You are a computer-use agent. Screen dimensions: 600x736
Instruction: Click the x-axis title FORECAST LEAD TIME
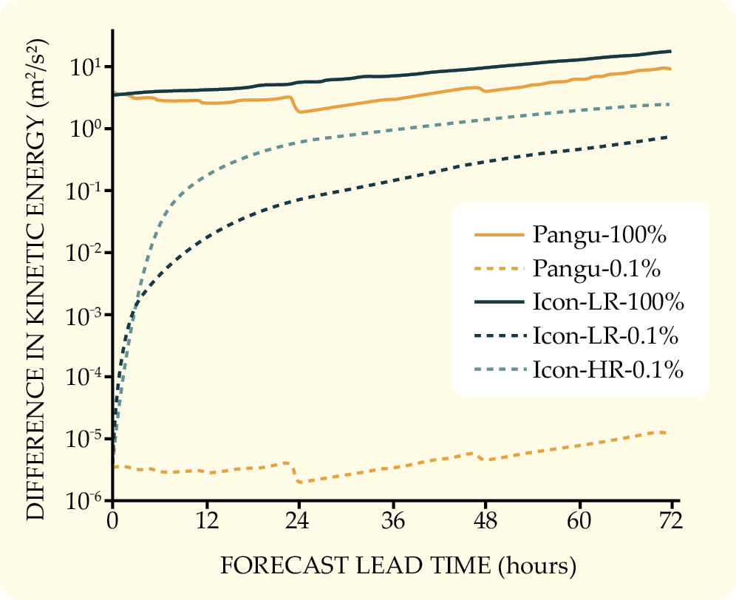(398, 566)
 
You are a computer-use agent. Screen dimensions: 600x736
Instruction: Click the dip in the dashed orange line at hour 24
(299, 482)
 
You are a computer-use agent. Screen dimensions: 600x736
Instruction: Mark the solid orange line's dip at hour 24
(299, 112)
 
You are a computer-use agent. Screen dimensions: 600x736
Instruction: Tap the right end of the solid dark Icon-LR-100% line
(670, 51)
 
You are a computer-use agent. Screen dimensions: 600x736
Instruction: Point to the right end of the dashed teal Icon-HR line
(670, 104)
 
